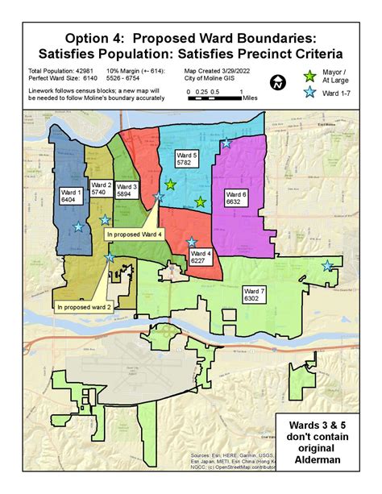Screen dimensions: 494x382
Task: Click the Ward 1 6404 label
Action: (x=70, y=196)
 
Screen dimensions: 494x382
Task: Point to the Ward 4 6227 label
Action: (x=201, y=257)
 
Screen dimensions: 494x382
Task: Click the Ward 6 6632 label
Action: (x=236, y=198)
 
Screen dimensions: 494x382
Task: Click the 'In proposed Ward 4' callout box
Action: (x=133, y=234)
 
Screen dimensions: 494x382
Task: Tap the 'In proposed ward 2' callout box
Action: (x=84, y=306)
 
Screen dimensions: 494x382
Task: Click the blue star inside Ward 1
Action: (x=77, y=226)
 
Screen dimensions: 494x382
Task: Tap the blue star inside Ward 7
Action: (x=327, y=265)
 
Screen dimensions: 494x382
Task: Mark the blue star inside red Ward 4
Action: (x=191, y=242)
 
